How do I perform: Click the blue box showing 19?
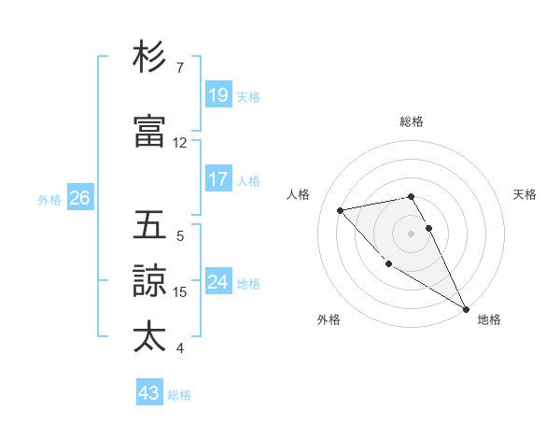[217, 94]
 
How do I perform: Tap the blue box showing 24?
[217, 282]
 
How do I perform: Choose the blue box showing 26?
[79, 198]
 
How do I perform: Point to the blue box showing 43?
[148, 393]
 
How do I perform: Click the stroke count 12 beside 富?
[180, 143]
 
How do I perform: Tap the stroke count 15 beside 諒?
[180, 292]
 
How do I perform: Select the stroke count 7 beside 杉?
[180, 68]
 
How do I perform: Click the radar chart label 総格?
[412, 121]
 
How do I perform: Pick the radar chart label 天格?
[525, 194]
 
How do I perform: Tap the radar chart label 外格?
[329, 319]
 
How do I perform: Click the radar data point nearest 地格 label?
[467, 309]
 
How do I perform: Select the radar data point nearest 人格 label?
[341, 210]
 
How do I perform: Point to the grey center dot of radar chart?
[412, 233]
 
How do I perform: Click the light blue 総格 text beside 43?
[179, 395]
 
